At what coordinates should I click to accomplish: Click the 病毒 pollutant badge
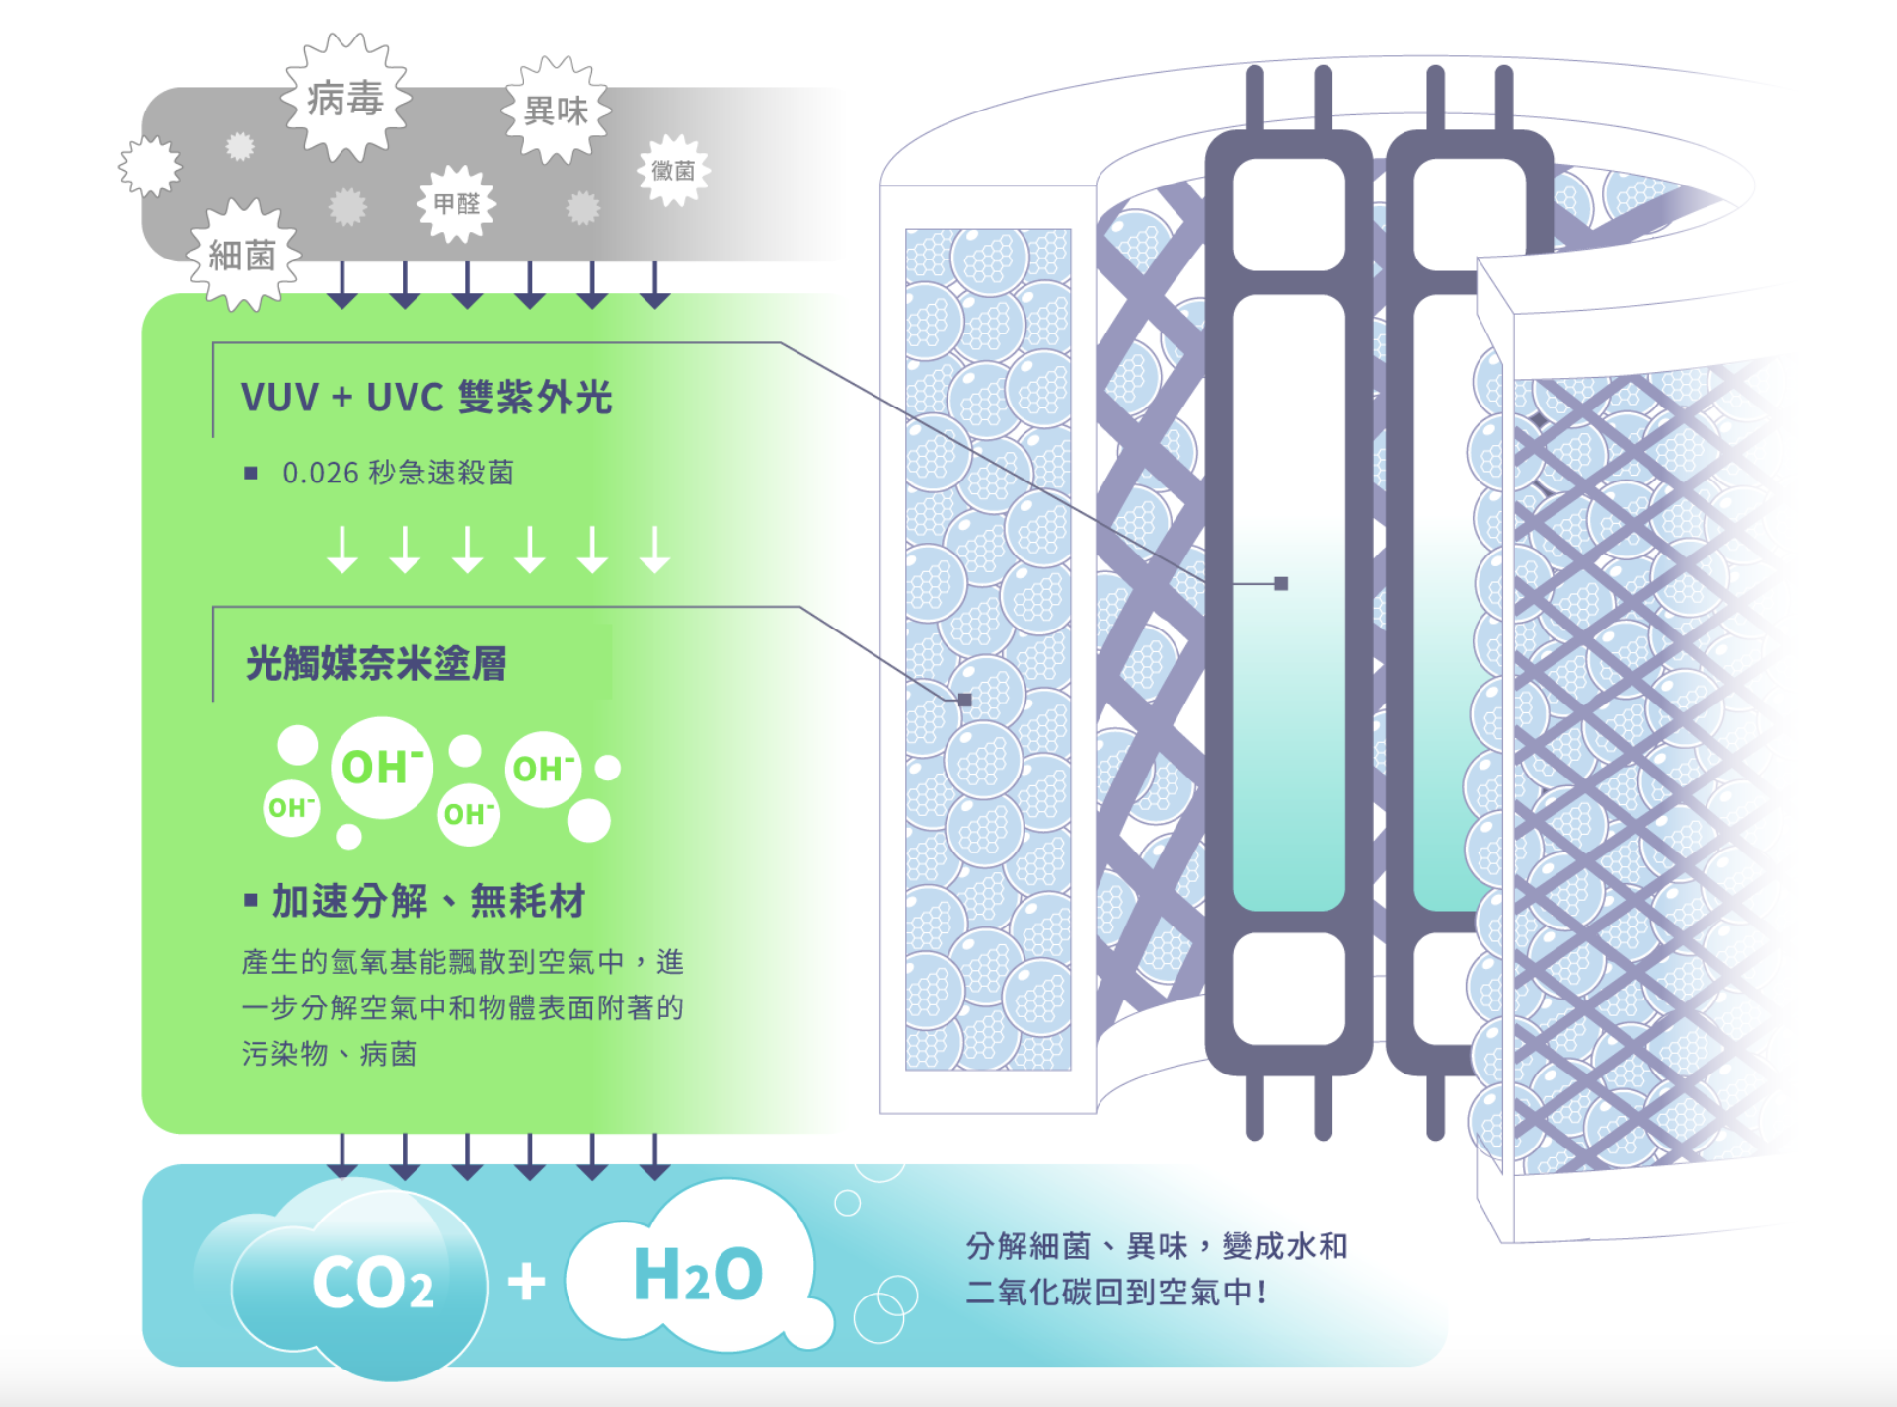pos(345,99)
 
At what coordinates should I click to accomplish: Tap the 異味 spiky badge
pos(557,111)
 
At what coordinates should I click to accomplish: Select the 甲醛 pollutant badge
pos(456,203)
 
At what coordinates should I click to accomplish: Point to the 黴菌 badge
pos(674,171)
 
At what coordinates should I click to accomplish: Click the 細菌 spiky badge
pos(243,256)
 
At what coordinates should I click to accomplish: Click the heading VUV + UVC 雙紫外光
pos(426,397)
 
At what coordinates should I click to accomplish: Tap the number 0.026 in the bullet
pos(320,473)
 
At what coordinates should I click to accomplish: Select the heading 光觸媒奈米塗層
pos(376,663)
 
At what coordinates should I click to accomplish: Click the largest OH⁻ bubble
pos(382,768)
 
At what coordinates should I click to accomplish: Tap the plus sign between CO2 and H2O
pos(526,1282)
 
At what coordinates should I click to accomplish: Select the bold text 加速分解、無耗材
pos(428,901)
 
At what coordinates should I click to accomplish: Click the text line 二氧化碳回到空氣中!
pos(1115,1292)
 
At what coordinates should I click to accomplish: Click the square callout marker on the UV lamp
pos(1281,584)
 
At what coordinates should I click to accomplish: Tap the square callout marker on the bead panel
pos(965,700)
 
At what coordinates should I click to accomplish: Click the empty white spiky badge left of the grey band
pos(150,166)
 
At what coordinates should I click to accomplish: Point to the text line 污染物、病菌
pos(329,1054)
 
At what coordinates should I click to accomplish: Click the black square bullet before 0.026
pos(251,474)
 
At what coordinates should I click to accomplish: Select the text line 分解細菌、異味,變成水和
pos(1156,1246)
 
